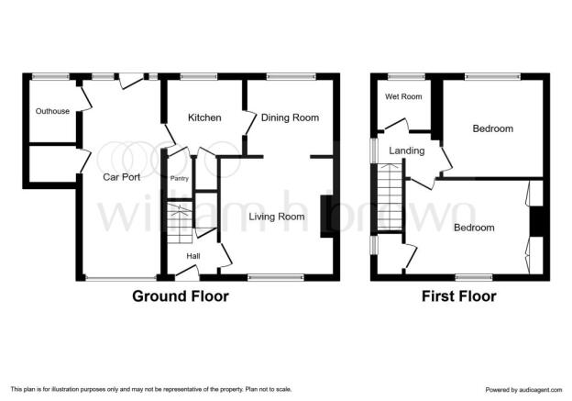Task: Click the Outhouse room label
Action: point(52,111)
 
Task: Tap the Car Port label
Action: point(122,177)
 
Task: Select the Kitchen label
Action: point(204,117)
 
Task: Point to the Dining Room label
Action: point(290,117)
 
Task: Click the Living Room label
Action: point(277,217)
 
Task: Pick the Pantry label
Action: point(180,179)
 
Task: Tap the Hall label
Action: point(193,256)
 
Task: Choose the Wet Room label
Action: point(403,96)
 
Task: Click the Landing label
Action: point(407,150)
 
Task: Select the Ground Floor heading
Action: point(181,295)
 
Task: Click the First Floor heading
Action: point(459,296)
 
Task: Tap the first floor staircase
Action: point(390,197)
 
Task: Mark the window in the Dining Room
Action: point(291,76)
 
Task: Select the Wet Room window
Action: point(406,76)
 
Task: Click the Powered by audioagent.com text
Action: point(523,390)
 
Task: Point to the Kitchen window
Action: point(199,76)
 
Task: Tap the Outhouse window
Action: point(50,76)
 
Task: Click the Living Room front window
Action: point(276,277)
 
